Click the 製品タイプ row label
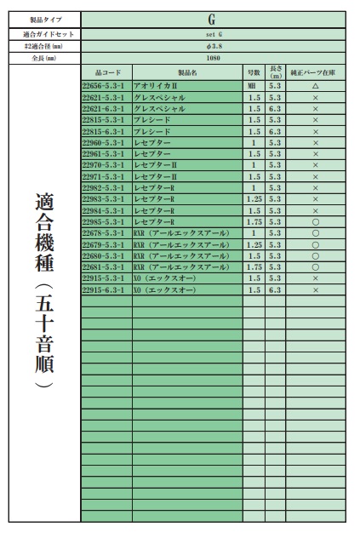45,19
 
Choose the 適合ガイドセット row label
45,32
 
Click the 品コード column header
106,72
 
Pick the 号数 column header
252,72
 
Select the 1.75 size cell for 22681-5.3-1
252,266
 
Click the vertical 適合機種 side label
45,289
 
